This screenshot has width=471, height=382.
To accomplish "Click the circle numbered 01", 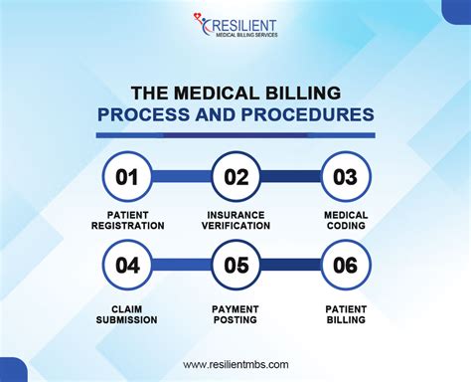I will pos(127,177).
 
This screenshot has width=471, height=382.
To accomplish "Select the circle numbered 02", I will pos(236,177).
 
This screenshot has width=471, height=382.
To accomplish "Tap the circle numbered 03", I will pos(345,177).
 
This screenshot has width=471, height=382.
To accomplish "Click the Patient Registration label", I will pos(127,220).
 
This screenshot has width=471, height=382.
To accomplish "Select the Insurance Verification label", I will pos(236,220).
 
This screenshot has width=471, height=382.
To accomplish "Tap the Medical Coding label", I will pos(345,220).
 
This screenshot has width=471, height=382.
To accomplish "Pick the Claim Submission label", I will pos(127,313).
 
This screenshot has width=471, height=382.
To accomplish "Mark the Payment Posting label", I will pos(236,313).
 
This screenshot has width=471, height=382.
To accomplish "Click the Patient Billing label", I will pos(345,313).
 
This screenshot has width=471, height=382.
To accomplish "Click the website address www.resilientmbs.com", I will pos(235,365).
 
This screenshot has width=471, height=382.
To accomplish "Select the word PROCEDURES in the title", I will pos(311,114).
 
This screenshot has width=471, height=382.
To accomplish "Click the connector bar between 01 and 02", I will pos(182,177).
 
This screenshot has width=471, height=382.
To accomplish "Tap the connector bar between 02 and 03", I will pos(290,177).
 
